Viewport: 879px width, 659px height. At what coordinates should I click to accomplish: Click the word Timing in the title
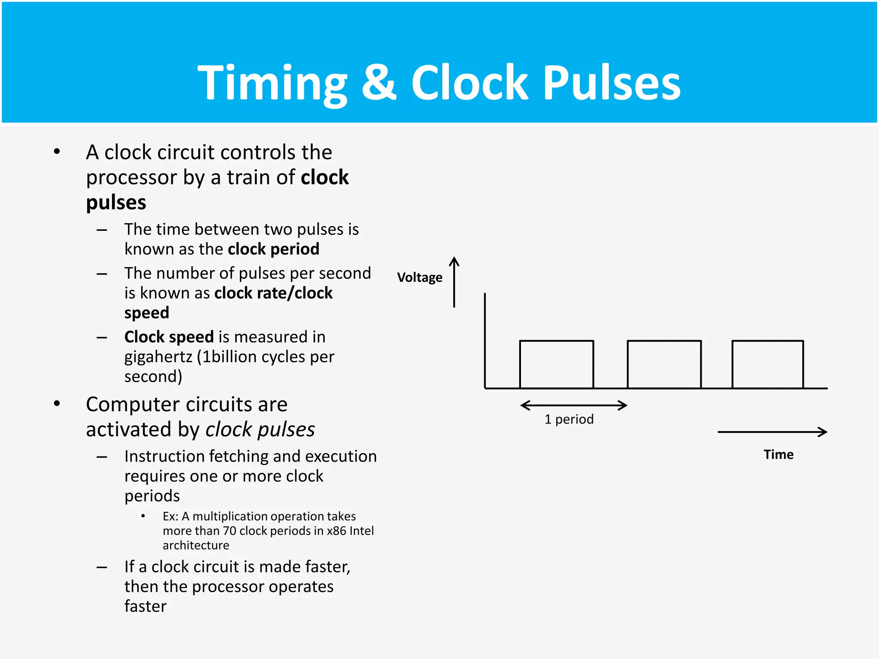click(x=272, y=83)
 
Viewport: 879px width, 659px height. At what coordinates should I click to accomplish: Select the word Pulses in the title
click(x=612, y=83)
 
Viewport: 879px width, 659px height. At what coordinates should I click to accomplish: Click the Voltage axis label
click(x=419, y=278)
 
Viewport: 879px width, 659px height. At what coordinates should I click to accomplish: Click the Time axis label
click(x=778, y=454)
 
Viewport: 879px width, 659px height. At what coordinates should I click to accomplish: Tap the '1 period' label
click(x=569, y=419)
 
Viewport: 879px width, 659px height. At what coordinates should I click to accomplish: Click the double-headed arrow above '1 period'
click(x=573, y=405)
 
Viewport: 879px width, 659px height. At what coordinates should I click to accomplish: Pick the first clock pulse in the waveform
click(x=556, y=364)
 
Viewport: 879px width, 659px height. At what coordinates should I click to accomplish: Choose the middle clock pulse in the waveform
click(x=664, y=364)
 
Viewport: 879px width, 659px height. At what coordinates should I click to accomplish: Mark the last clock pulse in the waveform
click(x=767, y=364)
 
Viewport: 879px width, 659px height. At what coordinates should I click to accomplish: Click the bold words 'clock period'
click(x=273, y=249)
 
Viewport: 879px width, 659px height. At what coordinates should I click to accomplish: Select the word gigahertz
click(x=158, y=357)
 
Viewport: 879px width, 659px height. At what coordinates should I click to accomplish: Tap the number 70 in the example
click(x=229, y=531)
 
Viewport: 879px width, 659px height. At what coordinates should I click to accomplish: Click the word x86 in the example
click(x=336, y=531)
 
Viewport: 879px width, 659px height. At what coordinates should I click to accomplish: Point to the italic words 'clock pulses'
click(x=260, y=429)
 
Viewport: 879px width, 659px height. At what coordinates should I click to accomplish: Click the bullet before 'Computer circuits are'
click(x=57, y=404)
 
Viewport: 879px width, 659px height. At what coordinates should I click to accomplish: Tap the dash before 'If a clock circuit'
click(x=102, y=567)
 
